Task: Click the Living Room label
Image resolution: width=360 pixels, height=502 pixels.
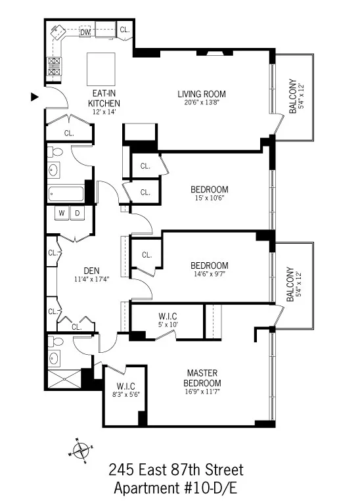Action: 198,93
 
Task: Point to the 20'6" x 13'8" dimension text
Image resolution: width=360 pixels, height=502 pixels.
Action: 198,103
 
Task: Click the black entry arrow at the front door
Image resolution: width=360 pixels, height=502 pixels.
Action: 35,97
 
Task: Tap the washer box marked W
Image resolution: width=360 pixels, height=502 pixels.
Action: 62,214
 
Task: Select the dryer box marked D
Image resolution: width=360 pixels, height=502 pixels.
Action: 76,214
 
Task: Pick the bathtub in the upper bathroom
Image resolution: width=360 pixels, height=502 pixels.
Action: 66,194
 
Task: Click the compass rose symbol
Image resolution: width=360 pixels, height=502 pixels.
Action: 81,450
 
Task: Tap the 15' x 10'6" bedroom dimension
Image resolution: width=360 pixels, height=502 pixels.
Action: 210,200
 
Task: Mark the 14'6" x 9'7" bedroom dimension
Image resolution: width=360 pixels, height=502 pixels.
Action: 210,275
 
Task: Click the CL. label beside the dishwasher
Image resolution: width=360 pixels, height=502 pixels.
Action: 124,30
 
